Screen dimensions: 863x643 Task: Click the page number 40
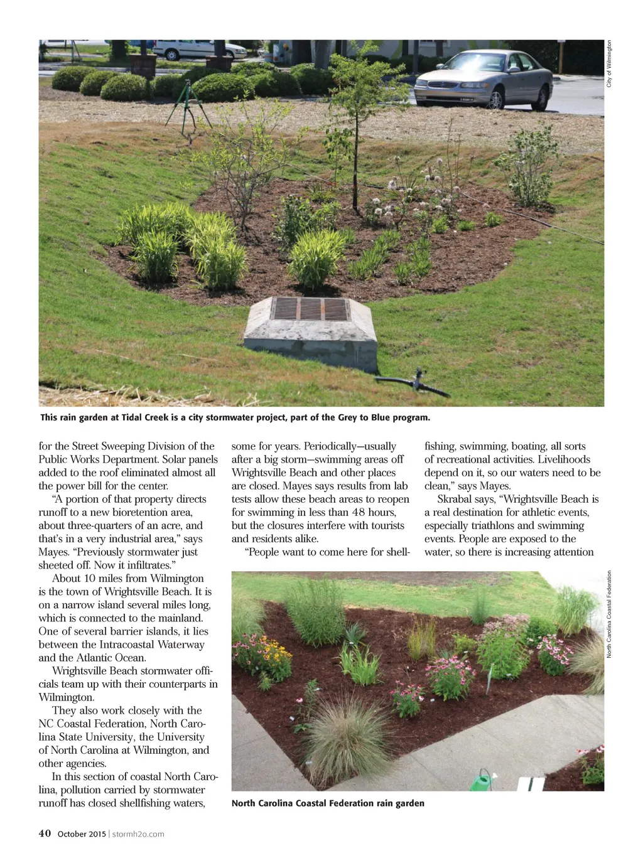click(45, 834)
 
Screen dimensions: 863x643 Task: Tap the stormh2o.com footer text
click(138, 834)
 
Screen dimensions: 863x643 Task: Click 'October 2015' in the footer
click(82, 834)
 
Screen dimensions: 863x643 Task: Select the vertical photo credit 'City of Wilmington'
click(609, 63)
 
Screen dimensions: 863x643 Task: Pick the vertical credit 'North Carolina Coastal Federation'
click(609, 614)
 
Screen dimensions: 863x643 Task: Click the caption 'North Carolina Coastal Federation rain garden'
click(328, 803)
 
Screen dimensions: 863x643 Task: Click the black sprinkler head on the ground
click(416, 378)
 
